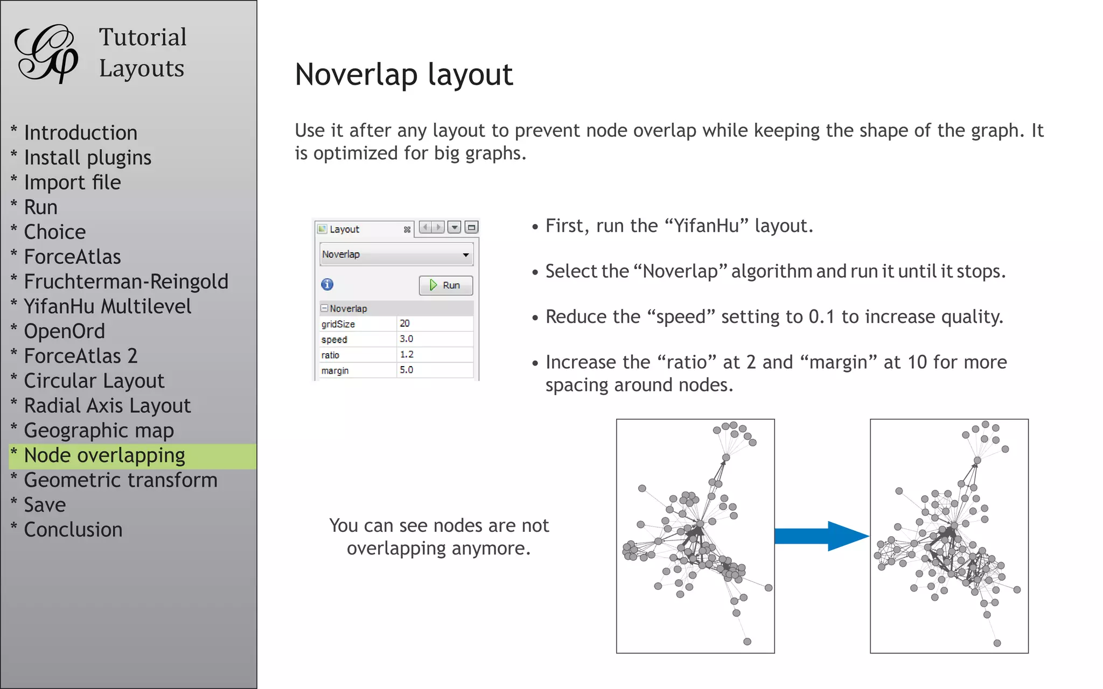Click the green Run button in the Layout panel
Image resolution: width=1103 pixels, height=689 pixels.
[445, 285]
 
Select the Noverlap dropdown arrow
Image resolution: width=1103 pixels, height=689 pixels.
[465, 255]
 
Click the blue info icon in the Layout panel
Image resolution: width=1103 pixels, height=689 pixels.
[327, 285]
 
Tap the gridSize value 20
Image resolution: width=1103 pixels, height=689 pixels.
[405, 324]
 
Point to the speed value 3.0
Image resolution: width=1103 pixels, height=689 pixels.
[406, 339]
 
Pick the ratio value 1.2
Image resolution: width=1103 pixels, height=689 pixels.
[406, 355]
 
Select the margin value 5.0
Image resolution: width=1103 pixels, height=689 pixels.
[406, 370]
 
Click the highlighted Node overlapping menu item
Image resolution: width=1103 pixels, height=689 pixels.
[104, 456]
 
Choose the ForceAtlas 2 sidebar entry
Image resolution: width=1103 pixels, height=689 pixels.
[81, 356]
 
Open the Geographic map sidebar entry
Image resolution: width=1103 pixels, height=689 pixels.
[99, 431]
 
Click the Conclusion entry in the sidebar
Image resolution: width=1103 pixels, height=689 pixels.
[73, 530]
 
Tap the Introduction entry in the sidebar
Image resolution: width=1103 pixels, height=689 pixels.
[81, 133]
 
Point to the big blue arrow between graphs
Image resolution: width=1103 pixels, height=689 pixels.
[821, 536]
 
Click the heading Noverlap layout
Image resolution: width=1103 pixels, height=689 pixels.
[404, 74]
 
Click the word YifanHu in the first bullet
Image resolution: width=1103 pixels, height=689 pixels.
[707, 226]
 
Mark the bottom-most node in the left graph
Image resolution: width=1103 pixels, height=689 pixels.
[747, 642]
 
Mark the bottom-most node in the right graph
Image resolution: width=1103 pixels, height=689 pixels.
[997, 643]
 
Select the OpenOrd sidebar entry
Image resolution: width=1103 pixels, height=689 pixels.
[65, 332]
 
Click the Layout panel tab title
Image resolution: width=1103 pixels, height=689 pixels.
[344, 229]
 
